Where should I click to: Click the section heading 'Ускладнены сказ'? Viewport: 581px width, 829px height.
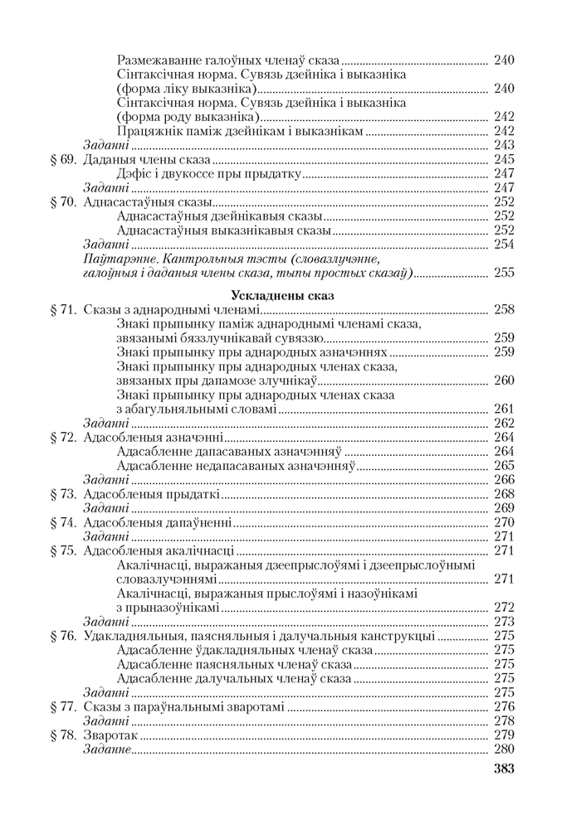click(x=290, y=293)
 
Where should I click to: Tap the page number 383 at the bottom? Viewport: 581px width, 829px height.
click(x=504, y=768)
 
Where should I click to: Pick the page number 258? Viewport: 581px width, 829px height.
click(x=504, y=309)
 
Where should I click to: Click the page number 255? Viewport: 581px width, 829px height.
click(x=504, y=272)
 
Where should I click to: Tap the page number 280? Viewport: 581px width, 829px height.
click(x=504, y=749)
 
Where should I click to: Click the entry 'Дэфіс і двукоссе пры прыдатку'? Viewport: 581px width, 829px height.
click(x=207, y=173)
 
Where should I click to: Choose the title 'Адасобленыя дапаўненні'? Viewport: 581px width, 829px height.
click(x=159, y=522)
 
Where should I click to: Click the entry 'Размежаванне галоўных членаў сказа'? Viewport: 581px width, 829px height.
click(x=229, y=60)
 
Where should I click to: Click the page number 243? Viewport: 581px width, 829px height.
click(x=504, y=145)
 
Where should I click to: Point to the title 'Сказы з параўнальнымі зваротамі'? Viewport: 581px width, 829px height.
click(x=183, y=706)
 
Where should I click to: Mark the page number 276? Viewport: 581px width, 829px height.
click(x=504, y=706)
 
